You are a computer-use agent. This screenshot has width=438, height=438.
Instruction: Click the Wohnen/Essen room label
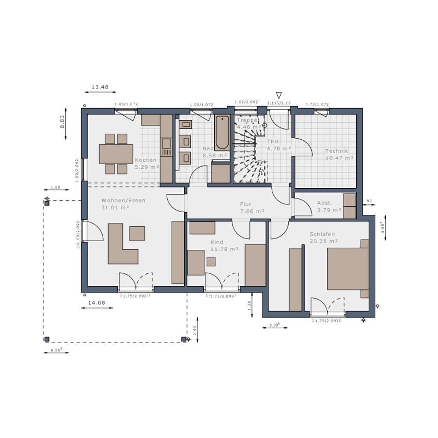[123, 204]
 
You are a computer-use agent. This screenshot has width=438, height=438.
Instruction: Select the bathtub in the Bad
[222, 133]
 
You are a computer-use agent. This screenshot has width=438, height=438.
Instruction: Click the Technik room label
[339, 154]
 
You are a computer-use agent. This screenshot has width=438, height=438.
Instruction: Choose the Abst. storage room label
[328, 206]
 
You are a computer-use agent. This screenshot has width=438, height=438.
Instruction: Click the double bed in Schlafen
[347, 269]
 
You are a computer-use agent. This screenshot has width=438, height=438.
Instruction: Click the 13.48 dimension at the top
[100, 87]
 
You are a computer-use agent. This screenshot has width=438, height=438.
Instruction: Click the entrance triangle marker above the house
[279, 95]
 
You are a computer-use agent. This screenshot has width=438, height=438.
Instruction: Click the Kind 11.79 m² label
[224, 246]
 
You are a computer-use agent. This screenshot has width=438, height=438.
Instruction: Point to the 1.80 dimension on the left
[55, 187]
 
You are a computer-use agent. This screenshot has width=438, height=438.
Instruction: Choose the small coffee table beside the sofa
[137, 233]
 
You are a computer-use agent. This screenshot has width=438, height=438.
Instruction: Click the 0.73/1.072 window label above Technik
[317, 104]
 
